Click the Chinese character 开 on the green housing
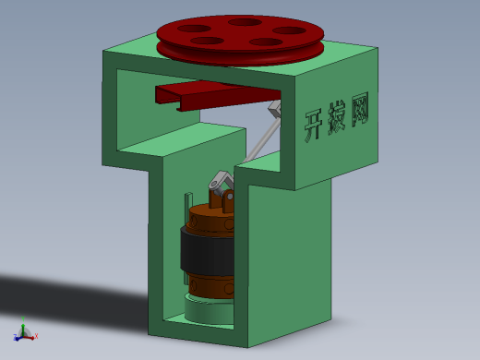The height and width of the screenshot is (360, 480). (x=315, y=126)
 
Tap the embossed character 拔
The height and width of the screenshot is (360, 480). (x=337, y=118)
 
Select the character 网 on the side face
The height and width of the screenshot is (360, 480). (x=360, y=109)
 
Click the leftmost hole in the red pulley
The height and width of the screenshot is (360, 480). (x=194, y=29)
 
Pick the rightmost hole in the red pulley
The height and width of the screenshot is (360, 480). (x=289, y=30)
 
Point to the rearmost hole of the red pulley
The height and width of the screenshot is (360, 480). (x=245, y=22)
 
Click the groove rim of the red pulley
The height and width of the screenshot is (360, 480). (x=240, y=53)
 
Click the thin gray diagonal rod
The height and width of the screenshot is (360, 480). (x=261, y=141)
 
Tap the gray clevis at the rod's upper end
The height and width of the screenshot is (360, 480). (x=275, y=108)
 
